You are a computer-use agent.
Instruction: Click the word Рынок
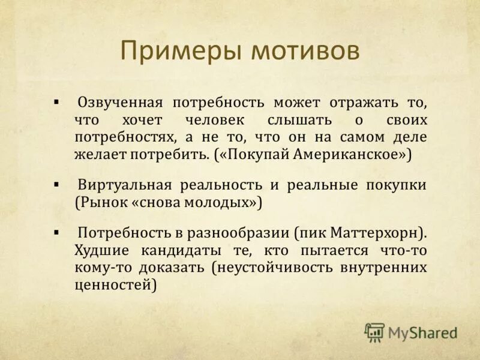coord(102,202)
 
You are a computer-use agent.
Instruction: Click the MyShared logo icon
coord(374,331)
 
